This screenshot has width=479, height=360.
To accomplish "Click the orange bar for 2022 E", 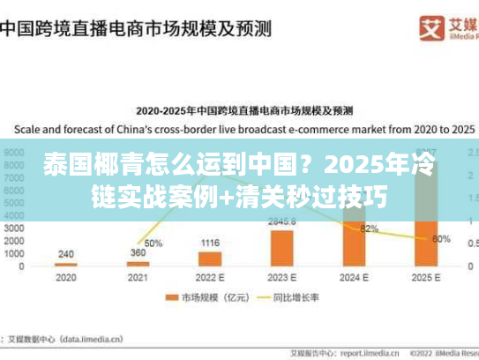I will pyautogui.click(x=209, y=259).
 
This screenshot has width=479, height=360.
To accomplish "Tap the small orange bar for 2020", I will pyautogui.click(x=65, y=264).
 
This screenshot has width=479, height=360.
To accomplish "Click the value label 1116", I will pyautogui.click(x=209, y=243).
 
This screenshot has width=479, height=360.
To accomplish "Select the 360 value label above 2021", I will pyautogui.click(x=138, y=252).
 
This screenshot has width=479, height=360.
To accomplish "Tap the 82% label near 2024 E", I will pyautogui.click(x=370, y=229).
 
